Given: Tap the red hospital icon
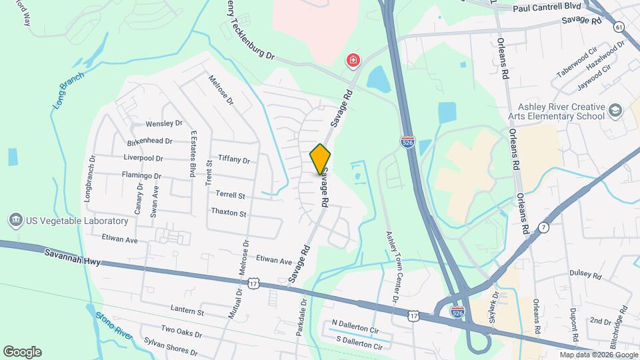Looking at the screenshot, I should tap(352, 61).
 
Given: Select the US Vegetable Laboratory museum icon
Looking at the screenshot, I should tap(15, 221).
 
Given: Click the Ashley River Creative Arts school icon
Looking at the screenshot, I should tap(615, 109).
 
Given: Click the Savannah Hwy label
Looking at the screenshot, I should tap(73, 257).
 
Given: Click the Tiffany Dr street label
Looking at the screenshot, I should tap(233, 160).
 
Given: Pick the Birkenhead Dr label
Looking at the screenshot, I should tap(149, 141).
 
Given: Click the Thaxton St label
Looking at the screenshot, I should tap(229, 214).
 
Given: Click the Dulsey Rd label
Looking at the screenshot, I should tap(585, 273).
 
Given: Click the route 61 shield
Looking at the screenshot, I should tap(620, 27).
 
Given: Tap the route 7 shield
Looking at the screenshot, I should tap(545, 228).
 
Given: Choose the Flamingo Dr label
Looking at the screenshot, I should tap(141, 176).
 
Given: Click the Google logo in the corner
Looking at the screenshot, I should tap(22, 352).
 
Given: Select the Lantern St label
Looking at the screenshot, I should tap(187, 311).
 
